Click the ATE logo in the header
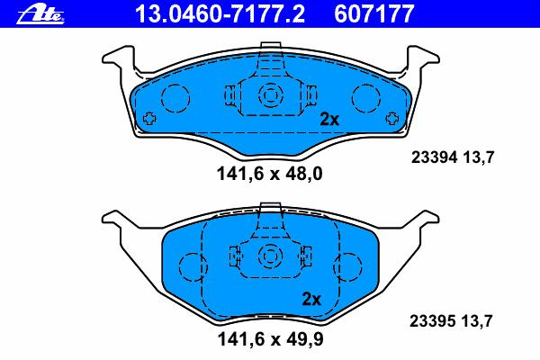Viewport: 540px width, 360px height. point(40,15)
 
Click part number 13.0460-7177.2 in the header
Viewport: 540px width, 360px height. point(220,13)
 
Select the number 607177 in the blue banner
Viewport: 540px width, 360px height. point(373,13)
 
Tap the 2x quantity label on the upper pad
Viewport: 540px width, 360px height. point(329,119)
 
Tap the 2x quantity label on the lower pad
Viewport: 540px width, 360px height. point(311,299)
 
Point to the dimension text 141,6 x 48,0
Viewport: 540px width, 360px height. point(270,174)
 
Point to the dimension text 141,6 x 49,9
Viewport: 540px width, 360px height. point(270,339)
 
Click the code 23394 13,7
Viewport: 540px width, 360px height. point(453,157)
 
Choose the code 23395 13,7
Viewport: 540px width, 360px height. point(451,321)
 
